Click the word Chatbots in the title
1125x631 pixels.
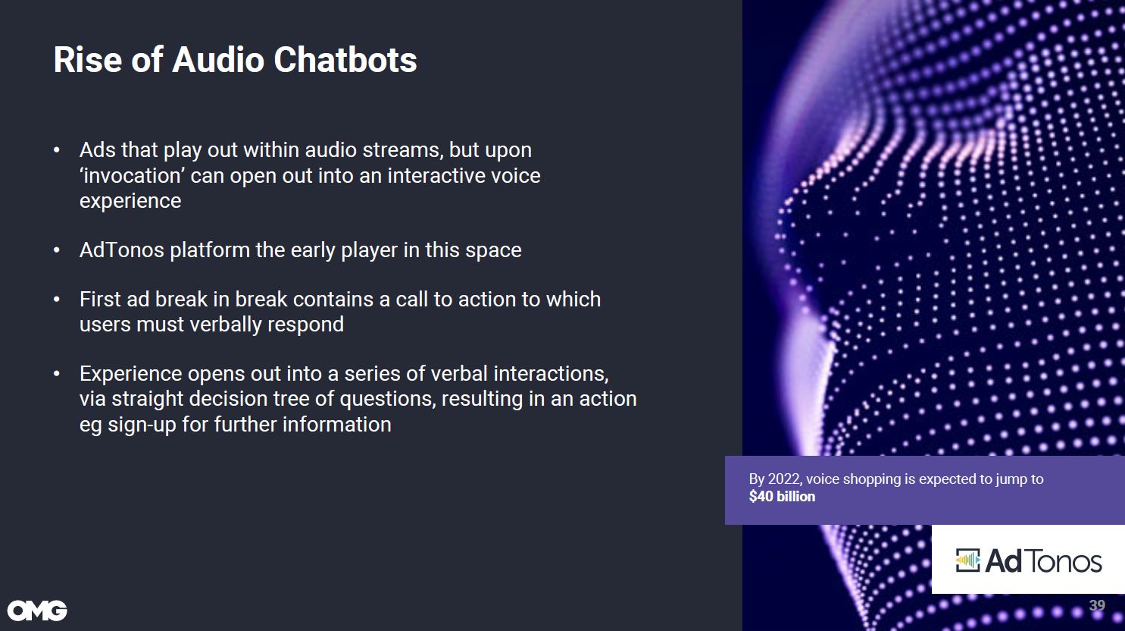click(x=345, y=60)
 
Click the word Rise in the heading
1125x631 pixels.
click(x=88, y=60)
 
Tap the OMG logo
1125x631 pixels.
click(x=37, y=611)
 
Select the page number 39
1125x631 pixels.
click(x=1097, y=605)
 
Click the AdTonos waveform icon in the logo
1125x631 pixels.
click(x=967, y=560)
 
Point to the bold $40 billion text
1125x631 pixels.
click(x=782, y=496)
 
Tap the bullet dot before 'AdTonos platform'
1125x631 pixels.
click(x=57, y=250)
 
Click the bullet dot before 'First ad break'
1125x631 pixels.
click(x=57, y=299)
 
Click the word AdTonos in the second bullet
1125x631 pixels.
click(x=121, y=250)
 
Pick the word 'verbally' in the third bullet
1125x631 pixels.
click(x=226, y=325)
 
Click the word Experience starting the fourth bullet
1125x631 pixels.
click(x=130, y=374)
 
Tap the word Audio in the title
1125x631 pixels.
click(x=218, y=60)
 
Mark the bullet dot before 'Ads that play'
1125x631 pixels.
click(x=57, y=150)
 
